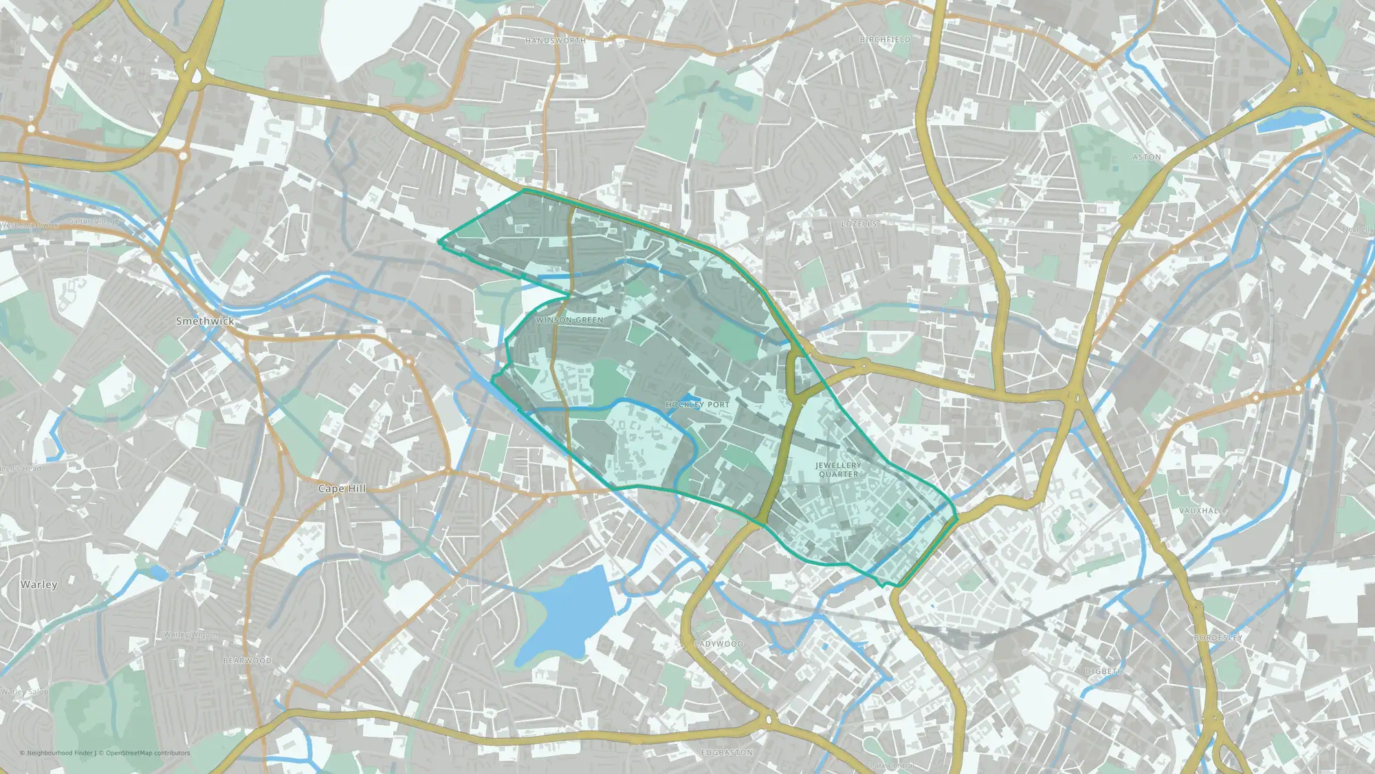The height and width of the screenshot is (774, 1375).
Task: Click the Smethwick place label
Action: click(x=205, y=321)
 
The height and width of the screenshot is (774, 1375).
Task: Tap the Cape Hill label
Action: click(x=342, y=488)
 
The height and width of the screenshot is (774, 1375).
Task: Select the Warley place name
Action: click(x=39, y=584)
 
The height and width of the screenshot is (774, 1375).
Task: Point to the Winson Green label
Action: click(x=570, y=320)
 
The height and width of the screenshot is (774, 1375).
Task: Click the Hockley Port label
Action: click(x=697, y=405)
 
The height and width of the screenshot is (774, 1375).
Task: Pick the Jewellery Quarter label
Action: click(x=838, y=470)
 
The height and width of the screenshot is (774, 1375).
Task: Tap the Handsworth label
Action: click(x=555, y=41)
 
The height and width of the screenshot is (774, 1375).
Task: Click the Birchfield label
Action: click(x=885, y=40)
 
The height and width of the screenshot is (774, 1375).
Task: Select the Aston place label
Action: click(x=1147, y=157)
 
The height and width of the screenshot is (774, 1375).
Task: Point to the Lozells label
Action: click(x=859, y=224)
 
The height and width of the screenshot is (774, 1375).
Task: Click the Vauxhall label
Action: click(x=1201, y=510)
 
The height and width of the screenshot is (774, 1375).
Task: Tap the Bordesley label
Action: click(x=1218, y=638)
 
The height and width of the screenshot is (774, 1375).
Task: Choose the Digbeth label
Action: click(x=1104, y=671)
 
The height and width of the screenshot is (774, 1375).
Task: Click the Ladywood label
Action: click(x=719, y=644)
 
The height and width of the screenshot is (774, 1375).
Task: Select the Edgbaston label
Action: click(x=727, y=753)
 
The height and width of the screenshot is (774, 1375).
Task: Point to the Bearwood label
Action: click(x=247, y=660)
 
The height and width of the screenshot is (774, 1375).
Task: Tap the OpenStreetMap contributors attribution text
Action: click(x=148, y=753)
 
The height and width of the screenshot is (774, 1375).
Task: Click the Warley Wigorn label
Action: click(x=190, y=634)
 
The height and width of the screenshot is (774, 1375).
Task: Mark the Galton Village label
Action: click(x=94, y=222)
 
